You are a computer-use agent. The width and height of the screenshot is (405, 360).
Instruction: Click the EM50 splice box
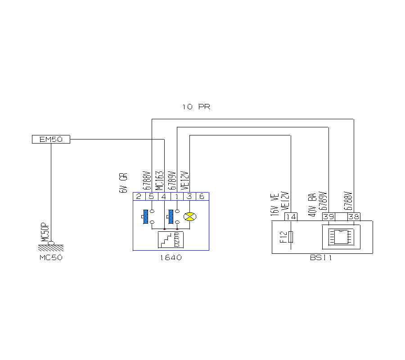[51, 139]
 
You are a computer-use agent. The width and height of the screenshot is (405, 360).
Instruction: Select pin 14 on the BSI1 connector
[291, 217]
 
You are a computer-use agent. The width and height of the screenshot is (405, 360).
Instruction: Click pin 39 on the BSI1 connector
[328, 217]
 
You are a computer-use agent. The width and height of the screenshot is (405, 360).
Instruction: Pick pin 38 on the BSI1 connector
[354, 217]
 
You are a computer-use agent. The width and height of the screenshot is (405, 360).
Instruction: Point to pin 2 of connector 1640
[139, 196]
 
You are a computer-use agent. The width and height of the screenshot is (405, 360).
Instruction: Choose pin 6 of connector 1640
[202, 196]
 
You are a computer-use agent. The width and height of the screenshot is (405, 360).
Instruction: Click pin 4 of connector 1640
[164, 196]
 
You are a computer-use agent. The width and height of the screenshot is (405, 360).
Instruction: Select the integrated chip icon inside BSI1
[341, 236]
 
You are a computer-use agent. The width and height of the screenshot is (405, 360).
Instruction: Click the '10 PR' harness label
[196, 107]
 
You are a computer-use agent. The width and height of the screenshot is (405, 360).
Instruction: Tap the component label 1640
[171, 258]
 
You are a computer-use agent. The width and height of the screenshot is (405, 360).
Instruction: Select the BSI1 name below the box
[321, 258]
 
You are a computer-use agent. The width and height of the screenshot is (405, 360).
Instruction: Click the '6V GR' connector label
[122, 183]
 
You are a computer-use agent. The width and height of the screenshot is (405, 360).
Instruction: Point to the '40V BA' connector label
[311, 205]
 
